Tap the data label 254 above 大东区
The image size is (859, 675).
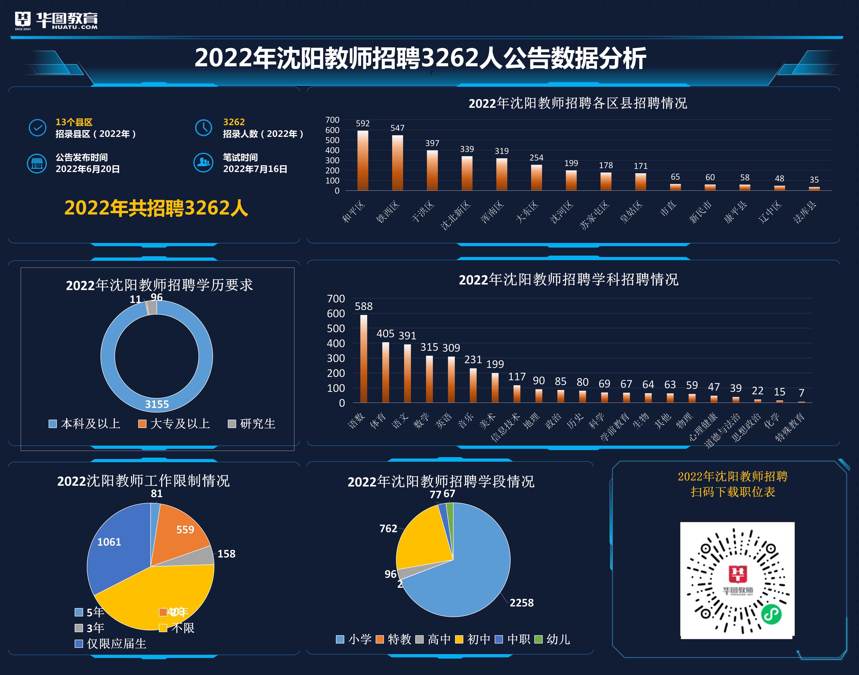[x=536, y=158]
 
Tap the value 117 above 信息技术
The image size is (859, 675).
[x=517, y=377]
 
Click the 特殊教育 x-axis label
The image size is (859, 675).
[x=789, y=427]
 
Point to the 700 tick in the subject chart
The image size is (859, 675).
[x=336, y=299]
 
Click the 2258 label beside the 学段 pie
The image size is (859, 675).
[x=521, y=603]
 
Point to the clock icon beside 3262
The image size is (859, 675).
[x=204, y=127]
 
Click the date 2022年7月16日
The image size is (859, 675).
[x=255, y=169]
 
